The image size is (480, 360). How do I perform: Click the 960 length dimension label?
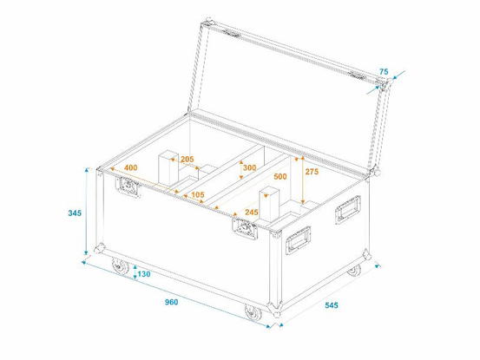pos(172,302)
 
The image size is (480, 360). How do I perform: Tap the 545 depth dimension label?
pos(332,305)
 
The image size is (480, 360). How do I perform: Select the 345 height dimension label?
pos(75,213)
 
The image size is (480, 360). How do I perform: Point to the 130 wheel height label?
pos(144,274)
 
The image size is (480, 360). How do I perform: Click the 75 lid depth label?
pos(384,72)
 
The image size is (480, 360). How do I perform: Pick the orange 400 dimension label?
pos(131,167)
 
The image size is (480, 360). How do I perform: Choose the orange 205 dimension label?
pos(187,159)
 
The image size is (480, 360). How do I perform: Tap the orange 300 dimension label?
pos(249,167)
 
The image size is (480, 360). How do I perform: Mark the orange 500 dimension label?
pos(280,176)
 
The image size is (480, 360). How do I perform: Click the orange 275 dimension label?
pos(312,172)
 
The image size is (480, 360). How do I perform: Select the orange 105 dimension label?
pos(197,194)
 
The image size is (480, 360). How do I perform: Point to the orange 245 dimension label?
pos(252,212)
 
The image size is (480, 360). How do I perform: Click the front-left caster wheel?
pos(120,266)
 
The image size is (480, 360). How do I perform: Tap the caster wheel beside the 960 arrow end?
pos(253,312)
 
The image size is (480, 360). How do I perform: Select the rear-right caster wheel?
pos(354,270)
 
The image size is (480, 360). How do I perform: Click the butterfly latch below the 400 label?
pos(128,187)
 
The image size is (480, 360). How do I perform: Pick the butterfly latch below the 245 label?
pos(245,228)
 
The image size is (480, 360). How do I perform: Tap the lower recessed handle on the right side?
pos(298,240)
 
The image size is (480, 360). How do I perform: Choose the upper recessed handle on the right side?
pos(348,210)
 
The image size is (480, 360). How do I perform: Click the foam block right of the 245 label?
pos(269,205)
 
